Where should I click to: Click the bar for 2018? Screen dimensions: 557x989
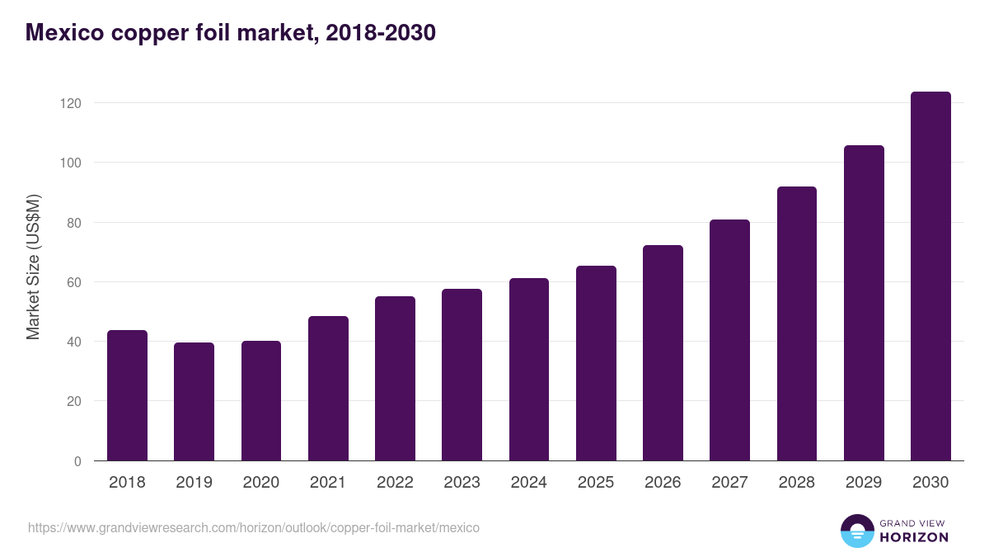point(127,395)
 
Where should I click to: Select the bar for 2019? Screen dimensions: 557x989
point(194,402)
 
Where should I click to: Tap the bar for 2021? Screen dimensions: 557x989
point(328,389)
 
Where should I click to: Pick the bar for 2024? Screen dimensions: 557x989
point(528,370)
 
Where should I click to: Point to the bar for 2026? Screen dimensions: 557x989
point(663,353)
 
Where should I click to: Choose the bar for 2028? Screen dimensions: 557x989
point(797,323)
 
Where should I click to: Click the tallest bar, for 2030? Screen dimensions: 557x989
point(930,276)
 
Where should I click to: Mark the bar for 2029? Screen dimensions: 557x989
point(864,303)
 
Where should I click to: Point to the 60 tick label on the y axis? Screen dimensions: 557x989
point(73,282)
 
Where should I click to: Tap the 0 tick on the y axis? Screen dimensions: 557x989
point(77,461)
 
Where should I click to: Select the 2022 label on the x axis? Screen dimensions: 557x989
point(395,483)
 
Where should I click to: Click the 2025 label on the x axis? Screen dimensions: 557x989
point(596,483)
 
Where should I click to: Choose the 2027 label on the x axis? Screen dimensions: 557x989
point(729,483)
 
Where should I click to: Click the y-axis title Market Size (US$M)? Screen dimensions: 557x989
point(33,267)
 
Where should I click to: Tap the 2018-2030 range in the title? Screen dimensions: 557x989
point(381,33)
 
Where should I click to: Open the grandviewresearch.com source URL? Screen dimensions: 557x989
point(254,527)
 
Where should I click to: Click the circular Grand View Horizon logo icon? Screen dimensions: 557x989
point(856,531)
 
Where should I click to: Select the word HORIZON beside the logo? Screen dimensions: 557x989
point(914,537)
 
